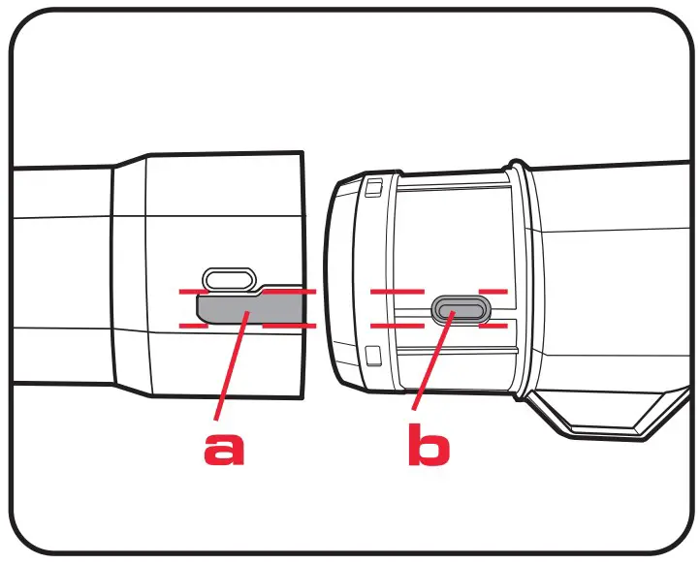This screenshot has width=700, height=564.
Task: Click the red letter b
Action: [x=427, y=447]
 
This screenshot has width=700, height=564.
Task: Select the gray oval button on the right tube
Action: [x=461, y=309]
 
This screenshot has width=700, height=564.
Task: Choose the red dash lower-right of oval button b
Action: [x=494, y=326]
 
